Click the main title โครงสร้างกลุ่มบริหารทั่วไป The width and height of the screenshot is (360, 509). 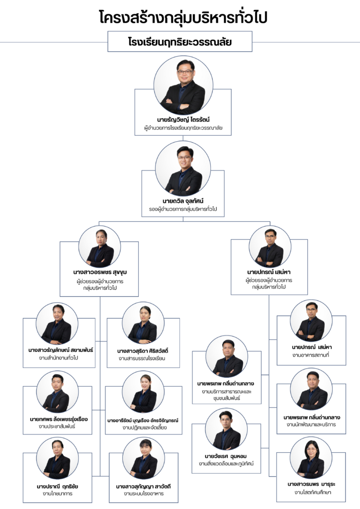(x=183, y=17)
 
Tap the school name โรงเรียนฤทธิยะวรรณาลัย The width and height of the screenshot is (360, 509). (x=180, y=42)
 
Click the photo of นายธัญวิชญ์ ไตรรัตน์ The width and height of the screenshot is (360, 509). (x=183, y=85)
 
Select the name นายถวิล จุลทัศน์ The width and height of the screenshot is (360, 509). (x=183, y=201)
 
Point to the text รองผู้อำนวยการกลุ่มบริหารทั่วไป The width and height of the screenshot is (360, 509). (x=183, y=209)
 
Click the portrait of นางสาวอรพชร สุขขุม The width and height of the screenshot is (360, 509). (x=99, y=247)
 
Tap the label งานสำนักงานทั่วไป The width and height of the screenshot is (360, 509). (x=59, y=358)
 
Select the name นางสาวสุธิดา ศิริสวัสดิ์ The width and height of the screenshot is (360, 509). (x=143, y=351)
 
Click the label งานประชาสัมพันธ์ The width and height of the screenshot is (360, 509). (x=57, y=426)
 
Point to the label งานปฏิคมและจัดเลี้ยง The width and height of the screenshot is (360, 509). (x=145, y=427)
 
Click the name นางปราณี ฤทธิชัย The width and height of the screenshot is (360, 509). (x=58, y=486)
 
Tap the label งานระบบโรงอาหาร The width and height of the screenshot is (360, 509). (x=144, y=494)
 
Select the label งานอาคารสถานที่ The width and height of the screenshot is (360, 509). (x=311, y=355)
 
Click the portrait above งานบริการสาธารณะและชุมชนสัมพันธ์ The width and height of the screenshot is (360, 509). (x=227, y=356)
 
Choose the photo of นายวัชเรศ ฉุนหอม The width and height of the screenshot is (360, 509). (x=226, y=429)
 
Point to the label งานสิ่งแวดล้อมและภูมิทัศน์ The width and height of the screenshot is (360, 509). (x=226, y=464)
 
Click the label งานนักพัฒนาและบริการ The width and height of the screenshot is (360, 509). (x=311, y=424)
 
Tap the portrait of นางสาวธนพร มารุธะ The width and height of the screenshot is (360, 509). (x=311, y=458)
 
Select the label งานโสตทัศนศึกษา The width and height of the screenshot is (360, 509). (x=311, y=492)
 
